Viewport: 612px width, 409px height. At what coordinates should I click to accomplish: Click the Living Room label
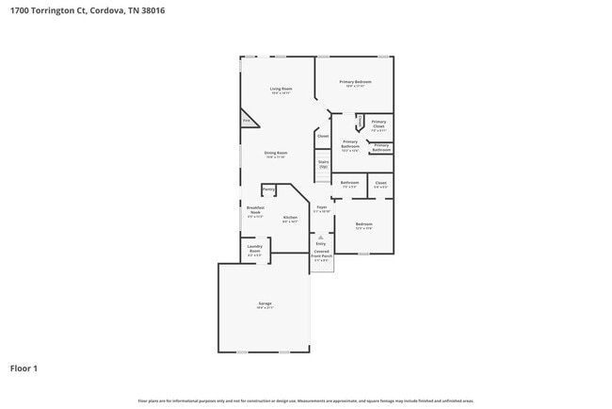coord(281,90)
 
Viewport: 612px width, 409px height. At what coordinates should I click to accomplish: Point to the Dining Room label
coord(275,155)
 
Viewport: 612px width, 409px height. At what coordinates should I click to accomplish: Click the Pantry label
coord(268,189)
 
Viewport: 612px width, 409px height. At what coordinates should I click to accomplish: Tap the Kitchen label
coord(290,220)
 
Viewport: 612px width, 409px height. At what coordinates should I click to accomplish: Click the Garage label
coord(265,305)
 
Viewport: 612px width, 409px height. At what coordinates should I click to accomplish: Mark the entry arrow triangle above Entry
coord(320,237)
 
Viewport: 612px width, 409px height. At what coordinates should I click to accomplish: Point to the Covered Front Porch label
coord(322,257)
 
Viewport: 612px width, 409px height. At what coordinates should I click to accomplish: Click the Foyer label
coord(321,208)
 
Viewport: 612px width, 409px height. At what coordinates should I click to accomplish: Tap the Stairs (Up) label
coord(323,164)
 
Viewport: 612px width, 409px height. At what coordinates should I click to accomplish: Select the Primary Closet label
coord(378,123)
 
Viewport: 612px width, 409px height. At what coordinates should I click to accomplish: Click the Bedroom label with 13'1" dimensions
coord(363,225)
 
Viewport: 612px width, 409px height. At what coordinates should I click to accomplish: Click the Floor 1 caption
coord(24,368)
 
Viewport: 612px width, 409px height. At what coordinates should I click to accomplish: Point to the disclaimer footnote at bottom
coord(305,401)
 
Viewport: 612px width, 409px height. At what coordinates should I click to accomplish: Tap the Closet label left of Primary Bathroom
coord(322,136)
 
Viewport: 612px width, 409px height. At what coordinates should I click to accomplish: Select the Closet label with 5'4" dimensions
coord(380,185)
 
